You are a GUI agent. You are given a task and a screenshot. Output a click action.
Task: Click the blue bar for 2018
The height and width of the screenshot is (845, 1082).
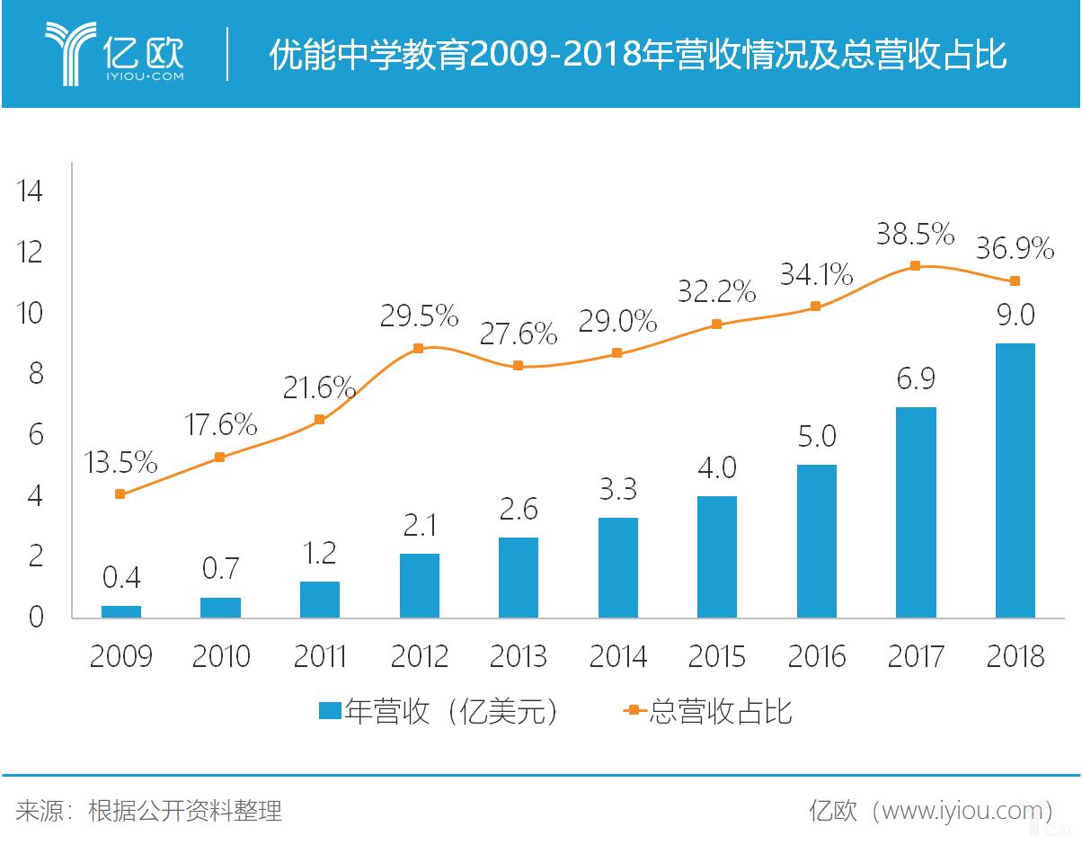[x=1015, y=481]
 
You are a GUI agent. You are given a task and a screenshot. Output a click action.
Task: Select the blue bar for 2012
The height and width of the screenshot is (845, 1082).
[x=419, y=585]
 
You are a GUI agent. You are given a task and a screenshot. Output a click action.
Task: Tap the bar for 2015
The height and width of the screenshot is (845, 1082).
[x=716, y=556]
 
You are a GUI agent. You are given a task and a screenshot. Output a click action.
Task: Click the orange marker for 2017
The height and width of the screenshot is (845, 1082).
[x=915, y=265]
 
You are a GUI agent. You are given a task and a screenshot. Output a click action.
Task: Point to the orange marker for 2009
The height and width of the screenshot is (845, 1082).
[x=120, y=494]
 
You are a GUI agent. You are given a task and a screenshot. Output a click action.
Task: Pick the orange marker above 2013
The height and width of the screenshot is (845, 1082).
[x=518, y=365]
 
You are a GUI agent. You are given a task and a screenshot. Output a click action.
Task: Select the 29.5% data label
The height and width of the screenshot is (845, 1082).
[x=419, y=316]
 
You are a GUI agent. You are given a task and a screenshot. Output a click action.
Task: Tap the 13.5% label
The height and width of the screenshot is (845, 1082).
[x=120, y=464]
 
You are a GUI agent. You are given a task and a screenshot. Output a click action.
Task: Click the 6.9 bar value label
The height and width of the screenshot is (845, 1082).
[x=915, y=378]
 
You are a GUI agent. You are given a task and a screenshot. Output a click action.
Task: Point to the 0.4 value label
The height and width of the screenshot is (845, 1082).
[x=120, y=576]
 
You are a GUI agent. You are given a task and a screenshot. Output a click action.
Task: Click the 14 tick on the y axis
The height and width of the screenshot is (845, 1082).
[x=29, y=191]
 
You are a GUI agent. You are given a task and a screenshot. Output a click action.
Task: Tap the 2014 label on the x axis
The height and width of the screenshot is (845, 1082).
[x=617, y=656]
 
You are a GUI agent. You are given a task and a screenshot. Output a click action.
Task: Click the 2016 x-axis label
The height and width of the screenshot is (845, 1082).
[x=816, y=656]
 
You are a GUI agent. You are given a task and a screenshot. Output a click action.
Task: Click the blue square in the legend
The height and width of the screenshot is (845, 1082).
[x=330, y=711]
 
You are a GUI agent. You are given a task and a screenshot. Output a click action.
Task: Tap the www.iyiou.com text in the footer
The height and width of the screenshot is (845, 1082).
[x=961, y=811]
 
